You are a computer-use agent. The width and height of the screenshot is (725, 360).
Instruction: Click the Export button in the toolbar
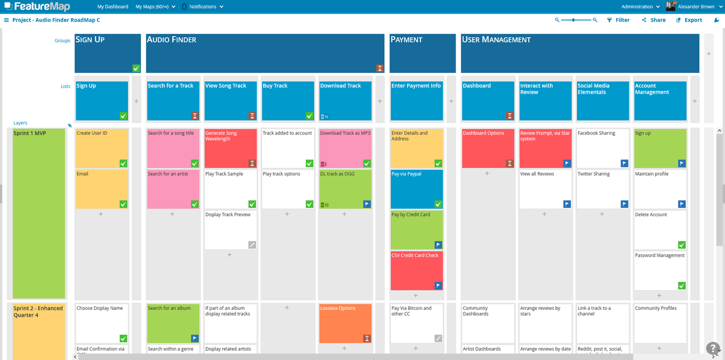coord(689,20)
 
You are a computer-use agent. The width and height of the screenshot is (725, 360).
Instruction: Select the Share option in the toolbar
coord(654,20)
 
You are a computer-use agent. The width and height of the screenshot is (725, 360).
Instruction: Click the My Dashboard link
coord(113,7)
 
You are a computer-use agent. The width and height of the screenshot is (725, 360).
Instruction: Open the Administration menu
coord(640,7)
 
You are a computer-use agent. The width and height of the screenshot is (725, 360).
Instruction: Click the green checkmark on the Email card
coord(123,204)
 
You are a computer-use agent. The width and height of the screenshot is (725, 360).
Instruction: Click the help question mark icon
coord(713,348)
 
